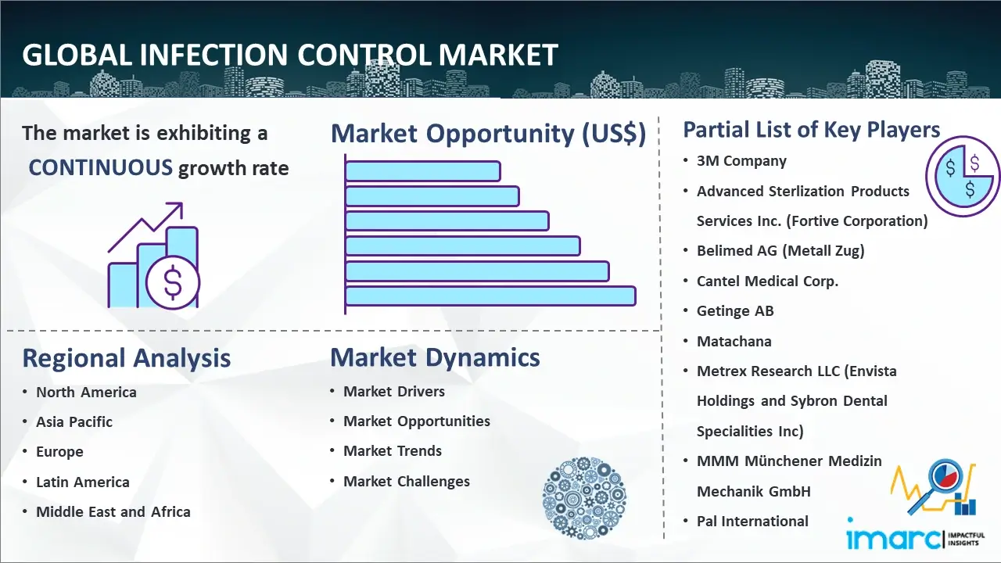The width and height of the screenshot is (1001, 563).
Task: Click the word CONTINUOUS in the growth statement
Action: click(101, 167)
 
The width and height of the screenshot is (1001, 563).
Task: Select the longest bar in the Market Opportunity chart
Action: click(490, 296)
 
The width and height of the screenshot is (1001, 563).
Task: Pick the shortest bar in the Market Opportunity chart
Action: click(423, 171)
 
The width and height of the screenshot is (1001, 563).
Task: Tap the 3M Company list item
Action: click(741, 161)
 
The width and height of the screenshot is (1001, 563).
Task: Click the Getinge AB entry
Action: click(735, 310)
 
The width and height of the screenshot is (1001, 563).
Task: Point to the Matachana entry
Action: click(734, 342)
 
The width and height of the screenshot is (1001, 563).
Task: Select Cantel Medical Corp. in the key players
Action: click(767, 281)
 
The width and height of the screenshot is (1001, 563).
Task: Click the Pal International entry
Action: click(752, 521)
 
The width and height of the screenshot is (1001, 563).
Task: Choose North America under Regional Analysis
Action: click(86, 392)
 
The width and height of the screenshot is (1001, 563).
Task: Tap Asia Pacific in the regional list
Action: click(74, 421)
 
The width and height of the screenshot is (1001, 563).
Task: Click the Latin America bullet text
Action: click(83, 482)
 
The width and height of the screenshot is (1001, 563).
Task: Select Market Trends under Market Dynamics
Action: click(393, 450)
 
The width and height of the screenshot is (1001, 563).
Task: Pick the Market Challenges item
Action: click(406, 481)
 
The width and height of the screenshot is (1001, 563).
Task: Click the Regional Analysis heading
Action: click(127, 358)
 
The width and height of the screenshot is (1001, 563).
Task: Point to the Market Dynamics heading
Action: click(435, 357)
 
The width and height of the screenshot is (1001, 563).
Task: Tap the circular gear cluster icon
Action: click(584, 498)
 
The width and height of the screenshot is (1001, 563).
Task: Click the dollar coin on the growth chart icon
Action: click(173, 282)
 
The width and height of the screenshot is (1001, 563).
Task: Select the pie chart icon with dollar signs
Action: click(962, 177)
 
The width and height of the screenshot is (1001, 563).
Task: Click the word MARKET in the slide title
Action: click(498, 55)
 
